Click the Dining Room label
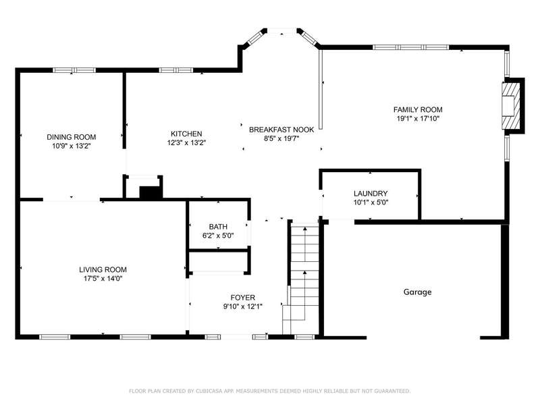(72, 137)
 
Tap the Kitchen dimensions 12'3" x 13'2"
(187, 142)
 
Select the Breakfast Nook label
(281, 130)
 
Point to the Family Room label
(418, 109)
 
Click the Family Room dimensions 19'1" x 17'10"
(418, 119)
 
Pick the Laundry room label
(371, 194)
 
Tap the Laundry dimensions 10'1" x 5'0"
(371, 202)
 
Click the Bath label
(218, 227)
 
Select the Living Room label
(103, 269)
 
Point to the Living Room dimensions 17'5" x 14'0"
(103, 279)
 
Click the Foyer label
(243, 298)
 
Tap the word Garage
(417, 292)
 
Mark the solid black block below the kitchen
(150, 192)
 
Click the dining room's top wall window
(74, 70)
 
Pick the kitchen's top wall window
(176, 70)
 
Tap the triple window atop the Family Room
(411, 47)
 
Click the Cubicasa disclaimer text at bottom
(269, 391)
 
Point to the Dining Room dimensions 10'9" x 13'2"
(72, 146)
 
